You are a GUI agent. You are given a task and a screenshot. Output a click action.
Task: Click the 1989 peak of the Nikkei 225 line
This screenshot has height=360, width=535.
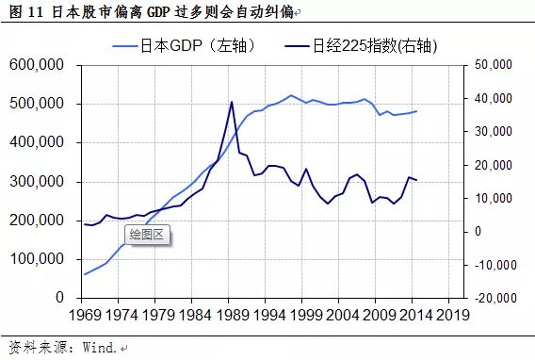point(232,102)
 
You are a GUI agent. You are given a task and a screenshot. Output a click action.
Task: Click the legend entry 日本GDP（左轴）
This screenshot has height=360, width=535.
point(192,45)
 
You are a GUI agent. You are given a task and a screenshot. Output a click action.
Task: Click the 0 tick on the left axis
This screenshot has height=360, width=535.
point(58,298)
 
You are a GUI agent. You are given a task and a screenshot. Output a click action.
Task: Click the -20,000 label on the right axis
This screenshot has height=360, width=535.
point(489,298)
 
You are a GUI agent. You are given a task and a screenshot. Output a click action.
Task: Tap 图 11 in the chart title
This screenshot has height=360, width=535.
point(25,10)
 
